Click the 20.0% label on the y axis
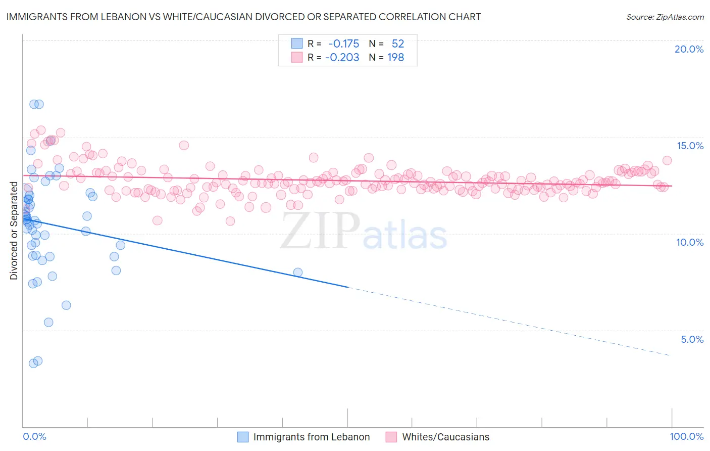point(689,49)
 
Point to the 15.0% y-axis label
point(690,146)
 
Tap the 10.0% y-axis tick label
point(690,242)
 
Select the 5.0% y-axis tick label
point(692,339)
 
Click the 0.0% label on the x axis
point(34,436)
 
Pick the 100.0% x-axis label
point(686,436)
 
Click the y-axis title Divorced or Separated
point(14,231)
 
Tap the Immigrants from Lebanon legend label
point(312,437)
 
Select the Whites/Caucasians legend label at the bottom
point(445,437)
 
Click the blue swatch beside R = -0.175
point(296,43)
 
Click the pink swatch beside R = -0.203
point(296,57)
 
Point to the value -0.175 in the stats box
point(343,43)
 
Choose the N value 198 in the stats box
point(395,57)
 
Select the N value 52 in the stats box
point(397,43)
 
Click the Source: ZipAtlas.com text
point(665,17)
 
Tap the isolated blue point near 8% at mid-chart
point(298,273)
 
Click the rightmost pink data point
point(667,160)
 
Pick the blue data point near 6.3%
point(66,305)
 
